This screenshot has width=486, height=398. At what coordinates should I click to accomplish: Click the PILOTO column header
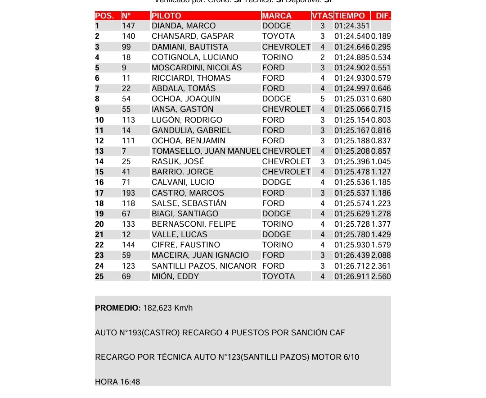coord(166,16)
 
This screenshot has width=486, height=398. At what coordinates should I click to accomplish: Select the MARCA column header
coord(277,16)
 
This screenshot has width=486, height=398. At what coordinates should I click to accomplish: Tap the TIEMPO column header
coord(350,16)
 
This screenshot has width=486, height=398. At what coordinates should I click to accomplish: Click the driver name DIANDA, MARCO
coord(184,26)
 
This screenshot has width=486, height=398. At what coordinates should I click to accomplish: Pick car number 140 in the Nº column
coord(129,37)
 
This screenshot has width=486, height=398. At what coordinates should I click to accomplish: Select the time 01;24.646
coord(352,47)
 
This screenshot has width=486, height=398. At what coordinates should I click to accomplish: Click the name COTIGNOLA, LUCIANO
coord(195,57)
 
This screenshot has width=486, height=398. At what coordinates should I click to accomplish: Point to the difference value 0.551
coord(381,68)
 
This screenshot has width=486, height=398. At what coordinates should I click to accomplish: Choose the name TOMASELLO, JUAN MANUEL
coord(206,151)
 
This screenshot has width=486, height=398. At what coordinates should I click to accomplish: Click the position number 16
coord(99,183)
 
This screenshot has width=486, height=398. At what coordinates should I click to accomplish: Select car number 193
coord(129,193)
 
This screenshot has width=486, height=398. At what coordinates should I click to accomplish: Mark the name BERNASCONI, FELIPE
coord(193,224)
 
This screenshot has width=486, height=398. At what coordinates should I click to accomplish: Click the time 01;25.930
coord(352,245)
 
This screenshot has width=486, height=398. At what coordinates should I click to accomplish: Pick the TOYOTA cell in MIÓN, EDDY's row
coord(279,276)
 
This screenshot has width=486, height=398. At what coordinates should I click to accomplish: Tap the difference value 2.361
coord(381,266)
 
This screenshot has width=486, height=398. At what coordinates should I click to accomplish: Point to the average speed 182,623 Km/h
coord(168,308)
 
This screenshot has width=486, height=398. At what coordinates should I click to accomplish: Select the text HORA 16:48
coord(117,382)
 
